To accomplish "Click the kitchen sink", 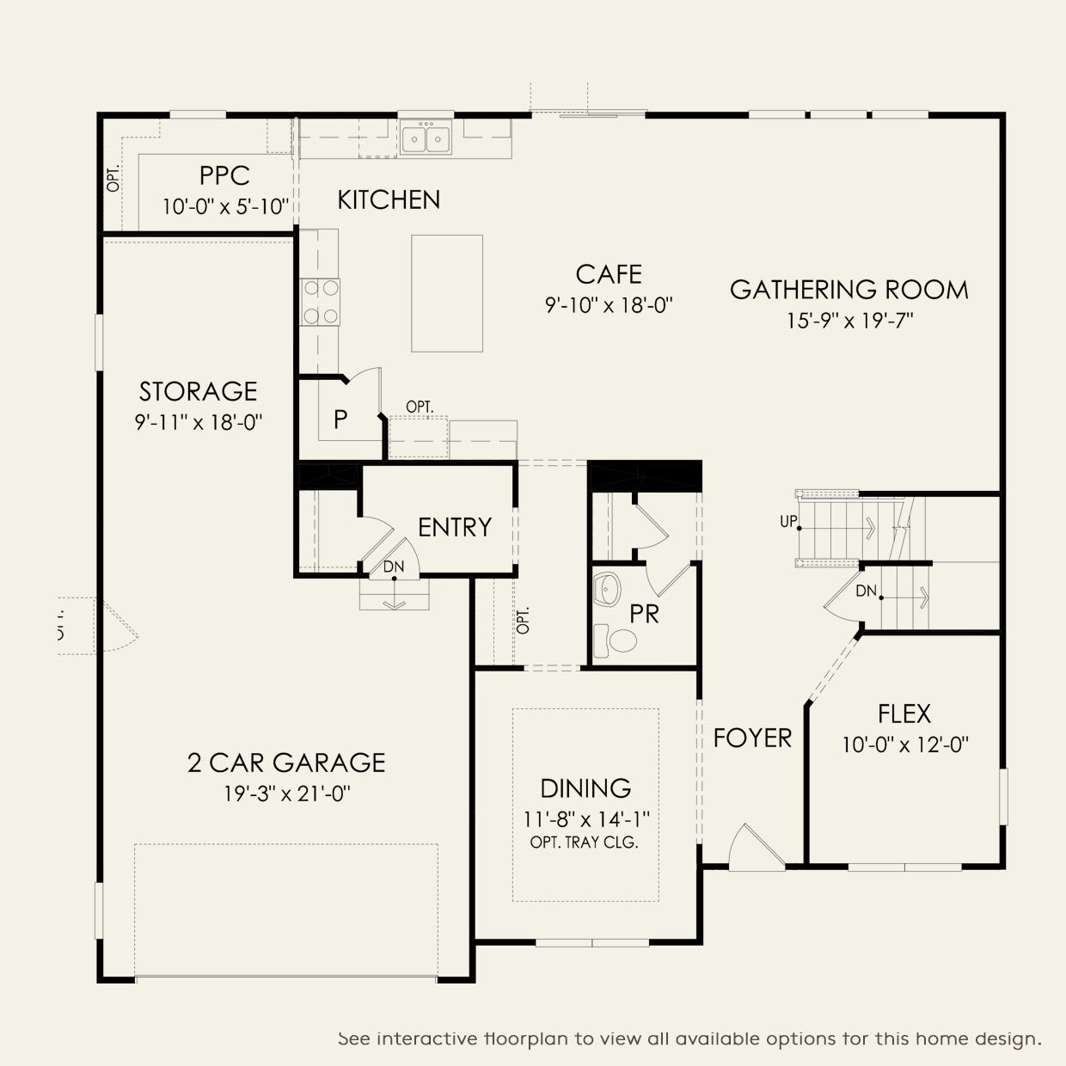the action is (426, 137).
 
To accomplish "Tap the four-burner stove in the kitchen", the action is (321, 302).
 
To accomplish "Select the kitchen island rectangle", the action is (447, 293).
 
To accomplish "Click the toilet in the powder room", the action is (616, 640).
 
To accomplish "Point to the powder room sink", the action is (607, 589).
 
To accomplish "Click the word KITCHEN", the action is (389, 199).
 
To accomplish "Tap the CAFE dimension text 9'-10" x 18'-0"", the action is (609, 305).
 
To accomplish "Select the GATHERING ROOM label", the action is (849, 290).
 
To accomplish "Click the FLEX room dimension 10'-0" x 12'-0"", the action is (905, 745).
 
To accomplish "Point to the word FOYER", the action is (752, 738).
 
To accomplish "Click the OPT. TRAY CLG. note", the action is (585, 842).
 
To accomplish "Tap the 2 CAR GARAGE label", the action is (286, 763).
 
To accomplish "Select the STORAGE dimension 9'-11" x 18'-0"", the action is (199, 422).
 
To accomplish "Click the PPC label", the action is (224, 176).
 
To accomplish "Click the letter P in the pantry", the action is (340, 420).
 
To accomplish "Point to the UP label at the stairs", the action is (788, 521).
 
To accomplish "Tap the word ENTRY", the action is (455, 527).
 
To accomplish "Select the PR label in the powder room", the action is (645, 614).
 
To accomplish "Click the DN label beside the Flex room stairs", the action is (867, 591).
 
